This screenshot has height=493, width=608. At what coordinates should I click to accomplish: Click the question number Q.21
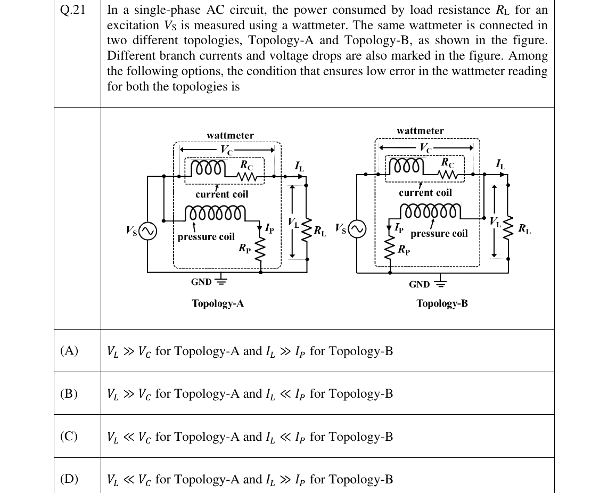click(72, 10)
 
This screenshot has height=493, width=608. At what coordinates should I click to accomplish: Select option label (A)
click(69, 351)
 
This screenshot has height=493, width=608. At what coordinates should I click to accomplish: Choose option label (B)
click(69, 393)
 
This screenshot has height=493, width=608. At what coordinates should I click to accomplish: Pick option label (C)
click(69, 437)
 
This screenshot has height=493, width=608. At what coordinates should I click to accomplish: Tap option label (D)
click(69, 479)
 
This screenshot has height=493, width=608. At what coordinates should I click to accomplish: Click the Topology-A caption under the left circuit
click(218, 303)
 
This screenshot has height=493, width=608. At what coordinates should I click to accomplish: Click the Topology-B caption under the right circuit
click(442, 303)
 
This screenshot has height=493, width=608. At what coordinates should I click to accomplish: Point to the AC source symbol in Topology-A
click(147, 231)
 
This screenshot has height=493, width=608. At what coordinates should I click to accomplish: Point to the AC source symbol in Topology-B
click(357, 229)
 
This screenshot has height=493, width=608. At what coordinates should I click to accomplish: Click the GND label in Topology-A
click(201, 282)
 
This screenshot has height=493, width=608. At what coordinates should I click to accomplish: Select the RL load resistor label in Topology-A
click(320, 231)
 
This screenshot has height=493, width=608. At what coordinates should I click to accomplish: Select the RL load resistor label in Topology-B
click(524, 229)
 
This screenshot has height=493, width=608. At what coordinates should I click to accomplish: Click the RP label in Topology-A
click(245, 248)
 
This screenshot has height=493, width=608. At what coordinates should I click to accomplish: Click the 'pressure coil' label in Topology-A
click(206, 236)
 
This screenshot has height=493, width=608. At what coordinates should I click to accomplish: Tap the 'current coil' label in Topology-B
click(425, 192)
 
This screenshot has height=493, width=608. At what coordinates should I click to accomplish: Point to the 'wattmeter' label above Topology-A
click(231, 135)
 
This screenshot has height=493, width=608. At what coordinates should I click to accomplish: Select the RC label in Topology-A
click(247, 165)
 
